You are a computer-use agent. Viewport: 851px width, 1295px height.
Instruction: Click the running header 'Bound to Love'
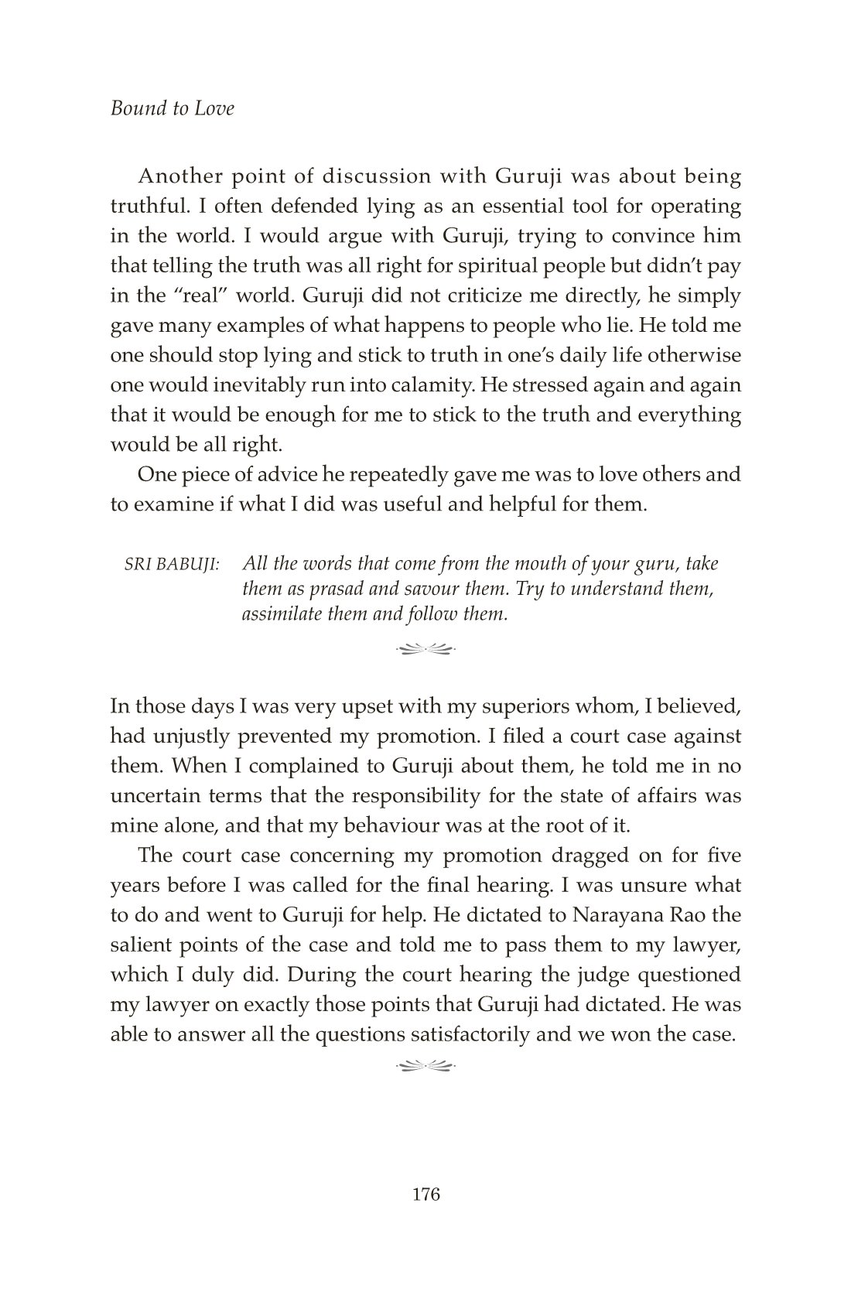[172, 108]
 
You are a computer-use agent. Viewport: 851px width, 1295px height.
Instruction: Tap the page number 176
[425, 1194]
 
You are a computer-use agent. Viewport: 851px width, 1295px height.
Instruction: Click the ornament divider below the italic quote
[425, 648]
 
